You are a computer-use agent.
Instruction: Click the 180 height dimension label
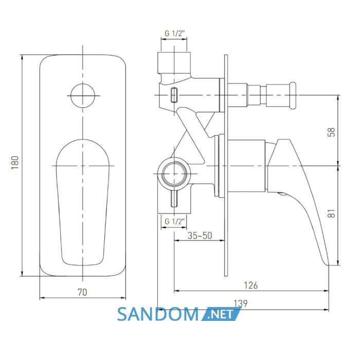pos(15,163)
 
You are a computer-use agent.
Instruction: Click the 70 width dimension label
pos(82,292)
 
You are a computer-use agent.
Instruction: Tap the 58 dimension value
pos(332,132)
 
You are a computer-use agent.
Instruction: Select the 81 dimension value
pos(332,213)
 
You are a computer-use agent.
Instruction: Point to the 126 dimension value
pos(251,285)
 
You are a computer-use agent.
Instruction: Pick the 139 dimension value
pos(241,303)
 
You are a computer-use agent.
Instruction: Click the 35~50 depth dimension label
pos(200,236)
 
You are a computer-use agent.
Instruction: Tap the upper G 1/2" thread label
pos(174,33)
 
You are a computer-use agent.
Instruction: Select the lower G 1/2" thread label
pos(175,222)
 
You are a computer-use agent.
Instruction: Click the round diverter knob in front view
pos(83,96)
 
